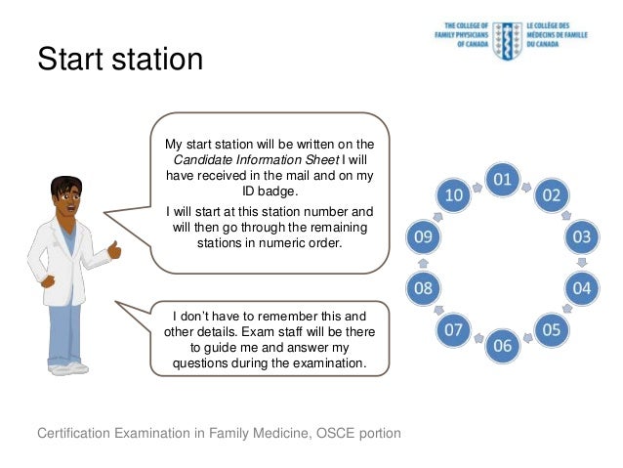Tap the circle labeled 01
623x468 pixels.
pyautogui.click(x=502, y=179)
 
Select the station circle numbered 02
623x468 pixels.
pyautogui.click(x=551, y=194)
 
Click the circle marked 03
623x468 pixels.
pyautogui.click(x=581, y=236)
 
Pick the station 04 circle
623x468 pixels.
pyautogui.click(x=581, y=288)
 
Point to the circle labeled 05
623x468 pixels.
pyautogui.click(x=551, y=329)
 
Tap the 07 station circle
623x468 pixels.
pyautogui.click(x=453, y=329)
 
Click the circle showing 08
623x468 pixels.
pyautogui.click(x=423, y=288)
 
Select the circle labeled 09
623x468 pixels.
pyautogui.click(x=423, y=236)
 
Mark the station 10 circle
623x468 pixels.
pyautogui.click(x=453, y=194)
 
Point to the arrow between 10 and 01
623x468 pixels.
pyautogui.click(x=477, y=183)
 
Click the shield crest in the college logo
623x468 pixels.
pyautogui.click(x=506, y=39)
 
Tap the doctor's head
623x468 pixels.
pyautogui.click(x=65, y=198)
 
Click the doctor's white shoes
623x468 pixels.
pyautogui.click(x=68, y=367)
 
